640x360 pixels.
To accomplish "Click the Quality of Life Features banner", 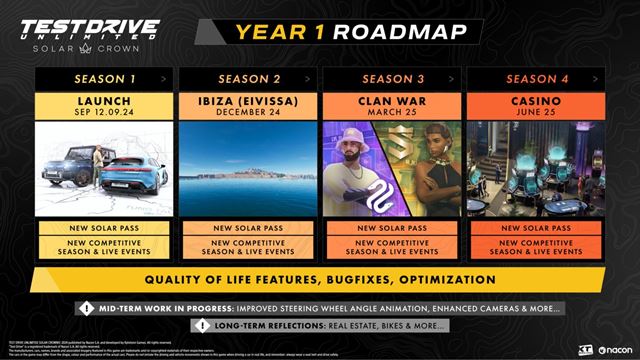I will pos(320,279).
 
